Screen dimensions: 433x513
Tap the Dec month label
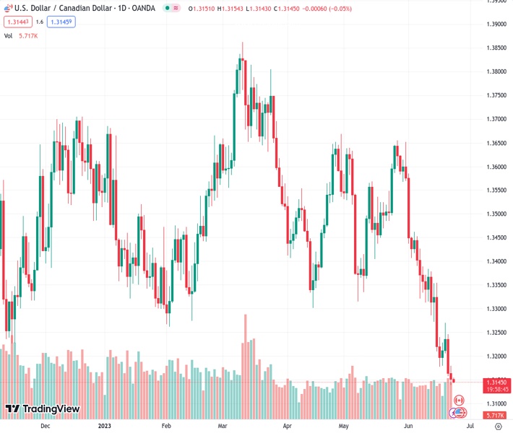(x=45, y=426)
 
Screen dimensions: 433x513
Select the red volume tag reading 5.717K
(x=496, y=416)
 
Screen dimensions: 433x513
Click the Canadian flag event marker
(x=457, y=400)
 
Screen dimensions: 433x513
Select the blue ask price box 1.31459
(x=61, y=22)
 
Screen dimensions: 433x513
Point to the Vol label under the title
(x=9, y=35)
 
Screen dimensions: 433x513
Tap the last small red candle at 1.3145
(x=454, y=381)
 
